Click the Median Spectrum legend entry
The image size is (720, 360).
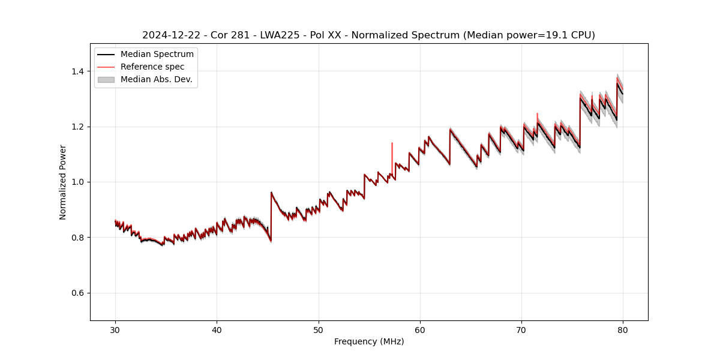point(157,55)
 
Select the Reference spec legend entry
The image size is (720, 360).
point(152,67)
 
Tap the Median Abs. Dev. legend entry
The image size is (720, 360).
point(156,79)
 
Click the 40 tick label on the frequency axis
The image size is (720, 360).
point(217,329)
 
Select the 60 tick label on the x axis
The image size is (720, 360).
point(420,329)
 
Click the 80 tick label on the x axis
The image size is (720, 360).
point(623,329)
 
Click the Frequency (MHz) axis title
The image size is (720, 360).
point(369,341)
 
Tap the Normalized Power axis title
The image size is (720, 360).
point(63,182)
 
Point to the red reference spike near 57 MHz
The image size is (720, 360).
point(392,150)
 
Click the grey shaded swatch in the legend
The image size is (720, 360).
point(106,79)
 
